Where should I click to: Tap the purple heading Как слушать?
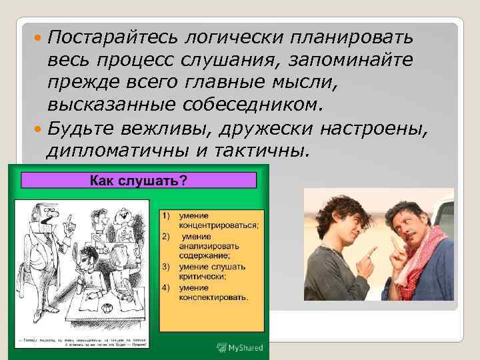[x=139, y=181]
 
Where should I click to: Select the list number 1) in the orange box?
[x=165, y=215]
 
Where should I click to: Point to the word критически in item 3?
[x=203, y=276]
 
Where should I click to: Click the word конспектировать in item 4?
[x=212, y=297]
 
